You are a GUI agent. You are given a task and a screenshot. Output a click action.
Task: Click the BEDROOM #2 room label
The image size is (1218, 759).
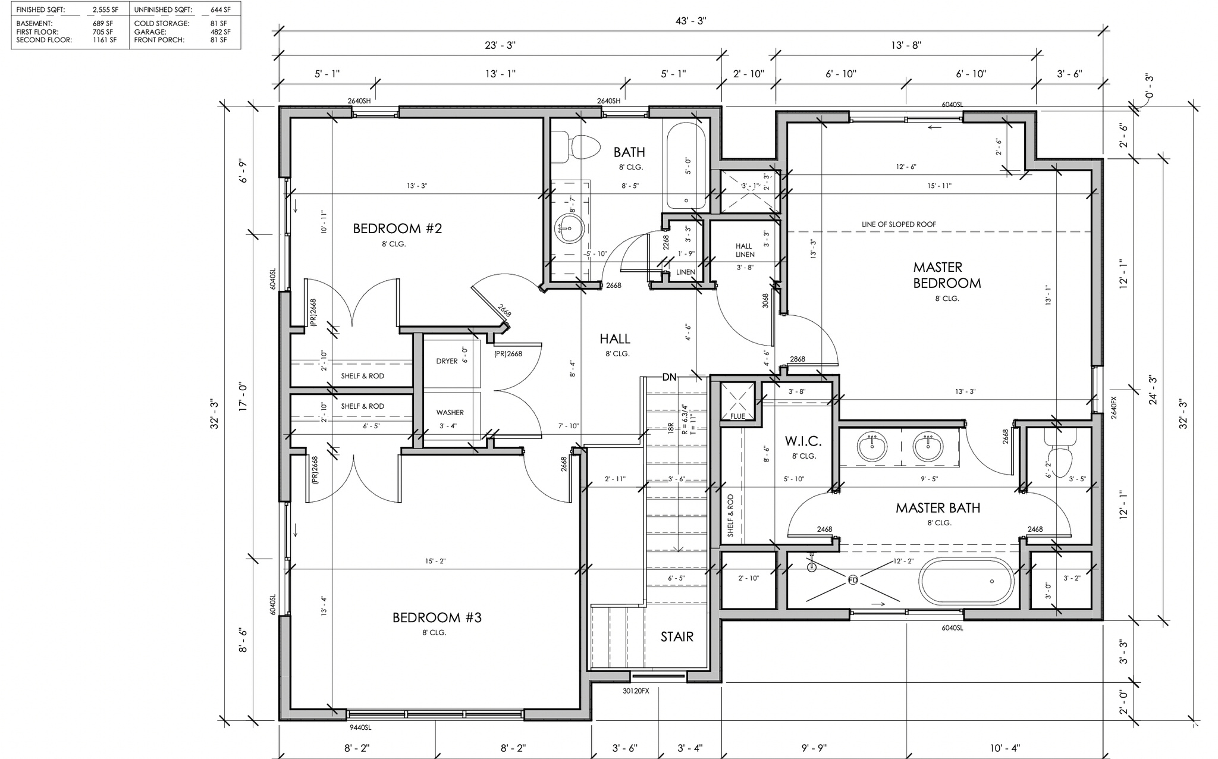coord(397,228)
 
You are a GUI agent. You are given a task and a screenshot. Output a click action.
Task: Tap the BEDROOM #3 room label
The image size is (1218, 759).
coord(437,617)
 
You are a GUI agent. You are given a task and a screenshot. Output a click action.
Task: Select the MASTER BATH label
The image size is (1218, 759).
coord(938,508)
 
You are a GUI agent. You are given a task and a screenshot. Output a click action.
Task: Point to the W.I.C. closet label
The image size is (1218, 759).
coord(803,441)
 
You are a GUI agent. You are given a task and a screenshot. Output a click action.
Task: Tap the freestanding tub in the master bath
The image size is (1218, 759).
coord(966,581)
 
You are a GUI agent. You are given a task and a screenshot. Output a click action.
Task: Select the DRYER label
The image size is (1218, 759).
coord(447,361)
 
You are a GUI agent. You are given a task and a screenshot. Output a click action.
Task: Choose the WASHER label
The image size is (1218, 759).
coord(450,412)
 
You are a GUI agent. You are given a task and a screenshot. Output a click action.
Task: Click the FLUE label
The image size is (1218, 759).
coord(737,416)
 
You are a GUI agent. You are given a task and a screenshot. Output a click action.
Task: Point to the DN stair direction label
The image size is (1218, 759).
coord(669,377)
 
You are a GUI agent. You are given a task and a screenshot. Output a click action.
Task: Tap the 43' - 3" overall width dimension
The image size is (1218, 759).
coord(691,21)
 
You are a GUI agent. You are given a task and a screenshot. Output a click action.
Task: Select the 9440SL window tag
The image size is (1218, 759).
coord(360,727)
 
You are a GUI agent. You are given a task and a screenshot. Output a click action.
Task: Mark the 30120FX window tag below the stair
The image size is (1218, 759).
coord(636,691)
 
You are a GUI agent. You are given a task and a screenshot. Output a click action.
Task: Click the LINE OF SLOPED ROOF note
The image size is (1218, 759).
coord(899,224)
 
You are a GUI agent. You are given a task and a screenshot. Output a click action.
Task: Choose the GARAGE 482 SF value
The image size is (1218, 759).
coord(220,32)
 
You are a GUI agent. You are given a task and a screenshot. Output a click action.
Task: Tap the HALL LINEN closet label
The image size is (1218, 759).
coord(745,250)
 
